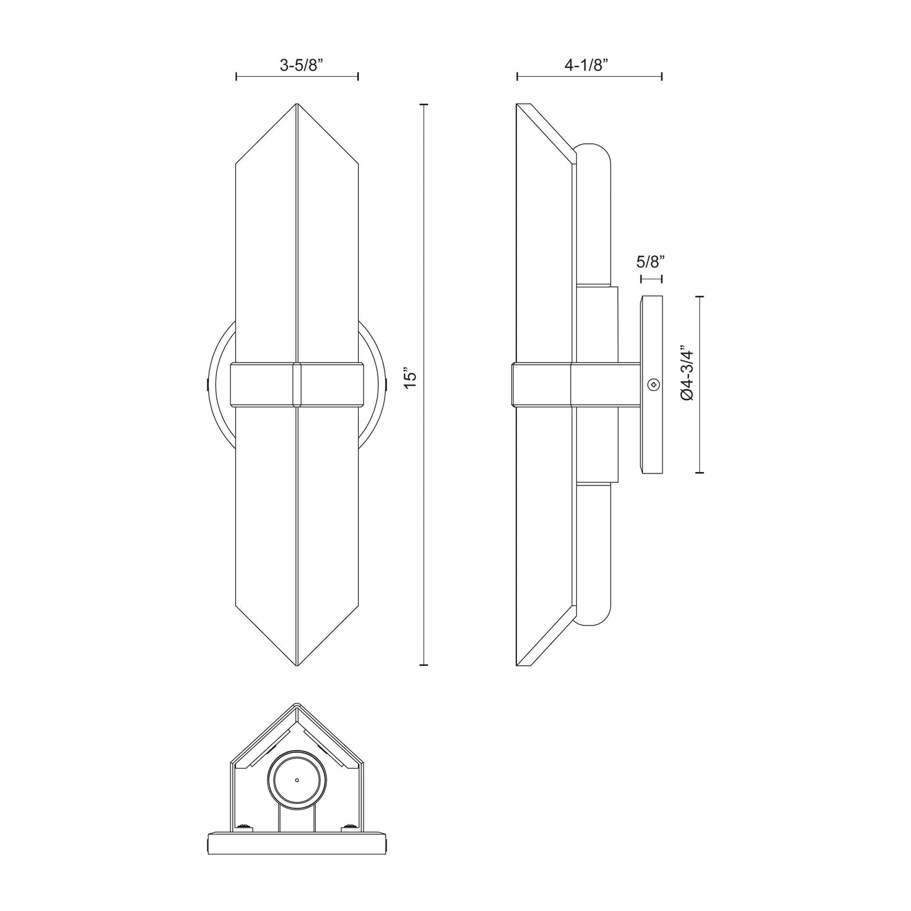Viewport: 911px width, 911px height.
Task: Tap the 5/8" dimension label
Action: click(651, 261)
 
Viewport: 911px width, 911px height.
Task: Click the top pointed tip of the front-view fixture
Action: click(297, 106)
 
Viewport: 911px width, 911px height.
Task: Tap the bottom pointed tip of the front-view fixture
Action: click(297, 663)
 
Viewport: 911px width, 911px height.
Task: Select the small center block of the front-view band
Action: click(297, 384)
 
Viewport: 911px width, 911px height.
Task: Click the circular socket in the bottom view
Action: click(296, 779)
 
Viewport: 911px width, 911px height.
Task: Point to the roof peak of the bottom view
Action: click(296, 707)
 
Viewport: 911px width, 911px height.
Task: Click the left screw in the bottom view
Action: click(241, 827)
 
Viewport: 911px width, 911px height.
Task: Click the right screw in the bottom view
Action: click(349, 827)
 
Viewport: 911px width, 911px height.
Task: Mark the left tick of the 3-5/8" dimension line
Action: click(236, 76)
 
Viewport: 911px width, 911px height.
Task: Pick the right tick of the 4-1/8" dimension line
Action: click(661, 76)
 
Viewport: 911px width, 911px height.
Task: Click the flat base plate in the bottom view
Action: click(296, 842)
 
